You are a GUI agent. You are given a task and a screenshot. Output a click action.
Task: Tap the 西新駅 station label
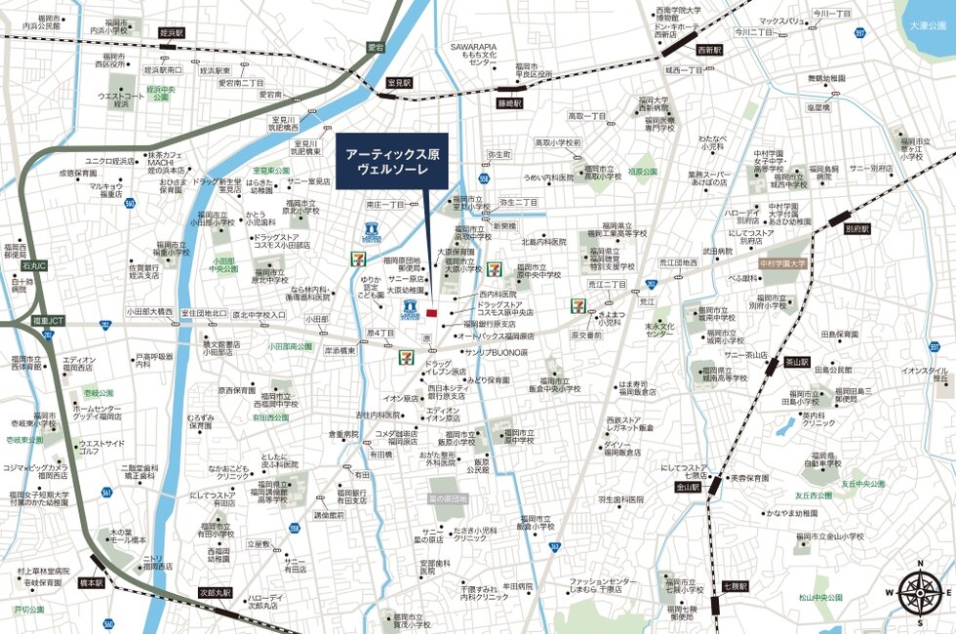click(x=709, y=50)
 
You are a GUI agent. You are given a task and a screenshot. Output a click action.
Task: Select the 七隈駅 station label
click(x=734, y=586)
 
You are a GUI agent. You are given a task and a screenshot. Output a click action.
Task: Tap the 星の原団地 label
click(x=449, y=498)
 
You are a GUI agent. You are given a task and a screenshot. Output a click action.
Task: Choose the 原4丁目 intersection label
click(x=380, y=333)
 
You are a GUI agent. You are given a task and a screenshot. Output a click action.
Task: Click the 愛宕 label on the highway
click(x=377, y=46)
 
